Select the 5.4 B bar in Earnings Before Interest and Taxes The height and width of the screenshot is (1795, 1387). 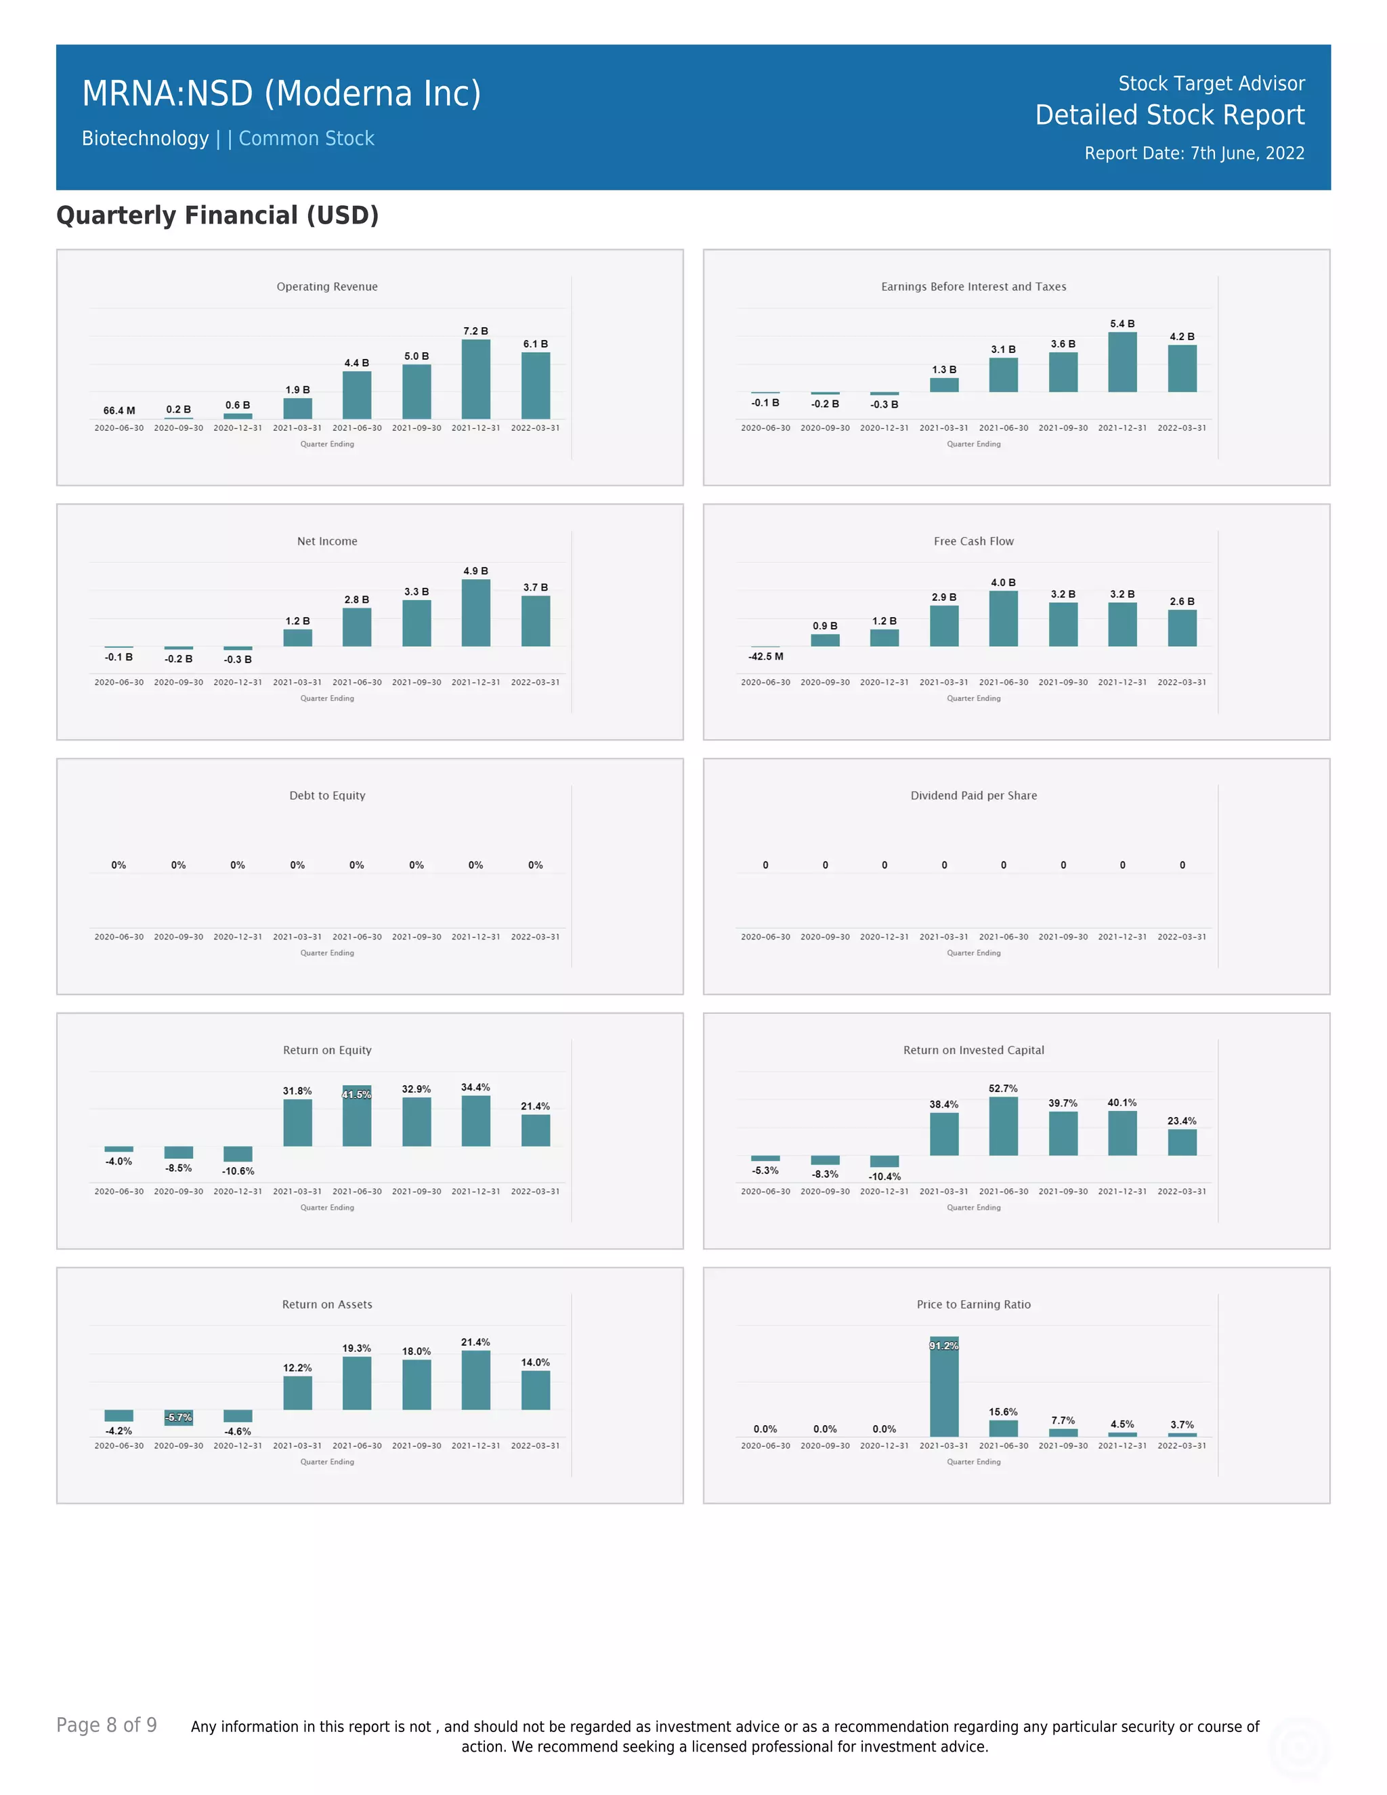[x=1122, y=362]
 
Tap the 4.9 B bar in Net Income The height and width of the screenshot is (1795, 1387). [x=475, y=612]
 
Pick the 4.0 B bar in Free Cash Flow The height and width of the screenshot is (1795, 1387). [x=1003, y=618]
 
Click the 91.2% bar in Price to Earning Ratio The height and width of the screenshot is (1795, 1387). [x=944, y=1387]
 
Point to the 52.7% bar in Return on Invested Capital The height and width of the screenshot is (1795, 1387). [x=1003, y=1126]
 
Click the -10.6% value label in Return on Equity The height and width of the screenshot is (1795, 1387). [x=238, y=1171]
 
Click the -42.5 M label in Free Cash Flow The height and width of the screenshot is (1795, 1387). [x=766, y=656]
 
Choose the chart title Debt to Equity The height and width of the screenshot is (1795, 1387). [x=327, y=796]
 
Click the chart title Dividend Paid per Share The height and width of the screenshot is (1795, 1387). [x=974, y=796]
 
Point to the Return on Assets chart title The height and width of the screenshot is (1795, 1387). [x=327, y=1305]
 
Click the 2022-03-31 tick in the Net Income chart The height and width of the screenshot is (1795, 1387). [x=535, y=682]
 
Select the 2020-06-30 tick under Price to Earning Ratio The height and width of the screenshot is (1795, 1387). [x=766, y=1445]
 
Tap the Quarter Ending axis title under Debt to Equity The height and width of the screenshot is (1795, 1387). [x=327, y=954]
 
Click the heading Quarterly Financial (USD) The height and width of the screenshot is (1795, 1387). [x=217, y=215]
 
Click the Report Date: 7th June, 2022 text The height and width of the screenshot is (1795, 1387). [x=1194, y=154]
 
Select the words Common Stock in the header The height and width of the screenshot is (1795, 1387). [x=307, y=139]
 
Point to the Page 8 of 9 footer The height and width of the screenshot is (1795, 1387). [x=107, y=1725]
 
